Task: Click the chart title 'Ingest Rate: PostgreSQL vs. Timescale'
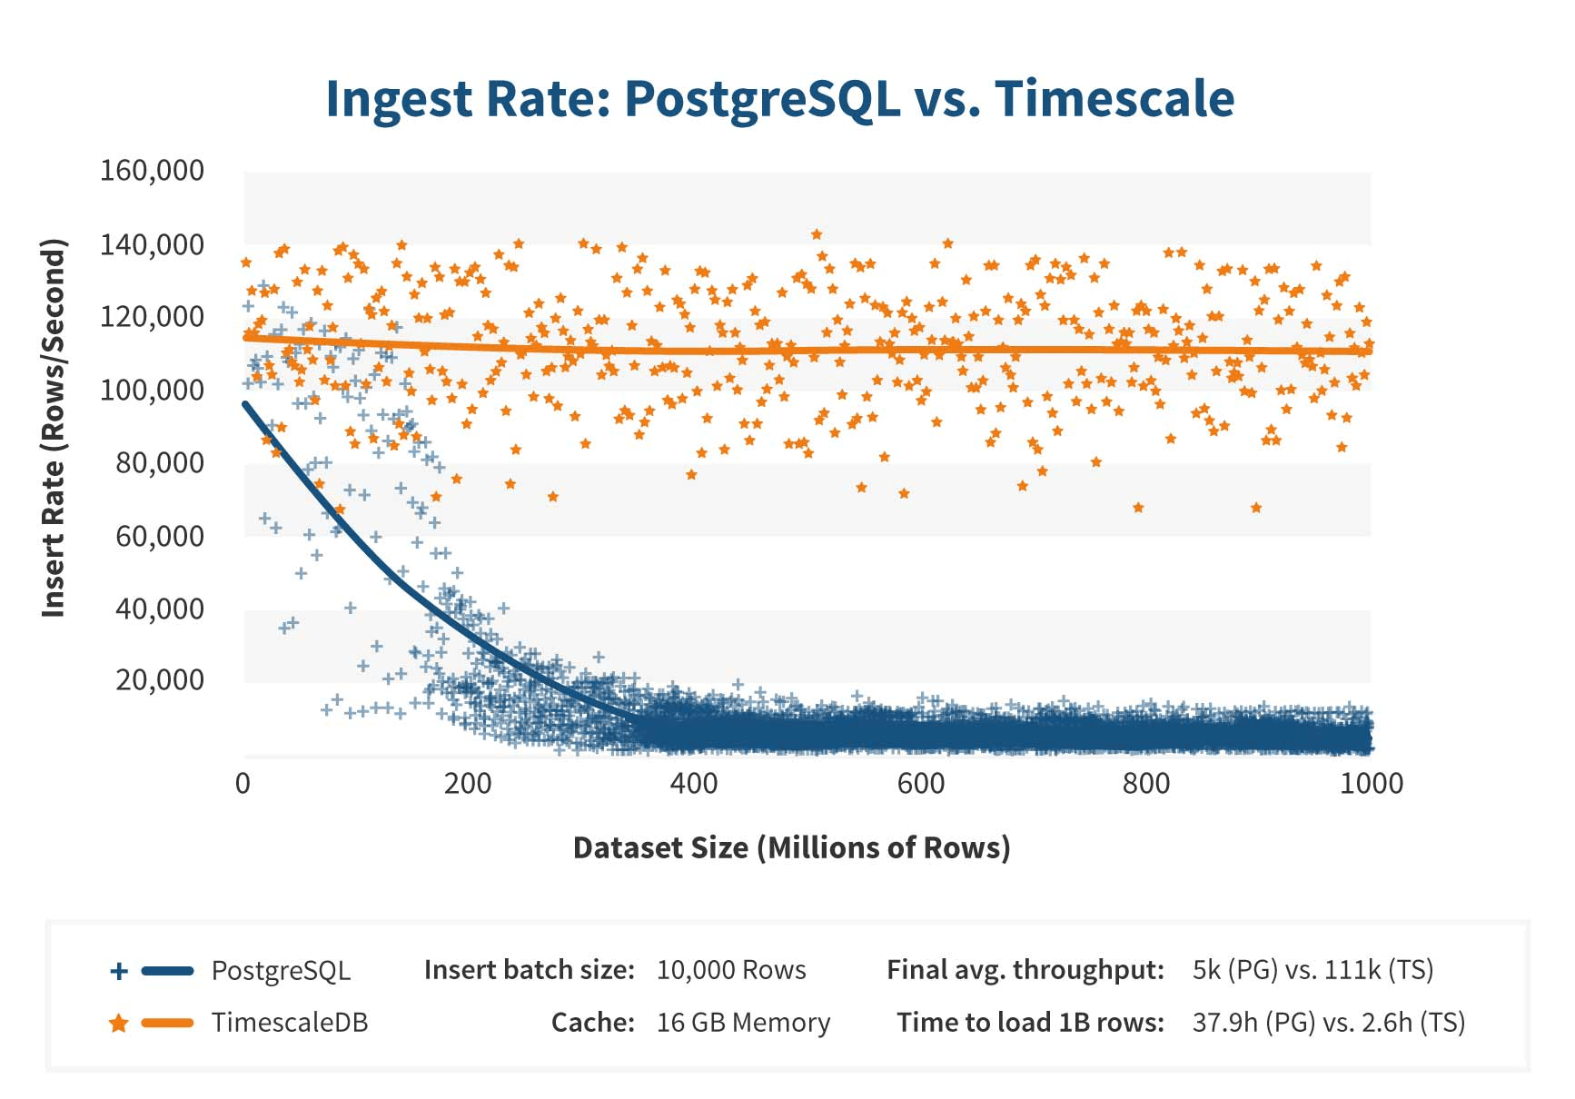click(x=779, y=99)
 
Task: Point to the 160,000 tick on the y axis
click(x=152, y=171)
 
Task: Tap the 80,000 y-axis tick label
click(x=159, y=463)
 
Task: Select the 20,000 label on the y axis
click(x=159, y=679)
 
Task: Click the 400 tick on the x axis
click(x=694, y=783)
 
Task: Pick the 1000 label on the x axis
click(x=1371, y=783)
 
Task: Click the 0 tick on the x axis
click(x=243, y=783)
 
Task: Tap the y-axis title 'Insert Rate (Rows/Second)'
click(x=54, y=428)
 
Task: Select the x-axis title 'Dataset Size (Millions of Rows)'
click(x=791, y=847)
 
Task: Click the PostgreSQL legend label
click(x=281, y=970)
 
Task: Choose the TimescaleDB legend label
click(x=290, y=1023)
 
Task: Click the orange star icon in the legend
click(x=118, y=1024)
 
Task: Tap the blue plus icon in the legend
click(x=118, y=971)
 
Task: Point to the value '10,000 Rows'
click(x=731, y=970)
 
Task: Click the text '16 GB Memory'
click(x=743, y=1023)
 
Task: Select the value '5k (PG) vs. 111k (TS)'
click(x=1312, y=970)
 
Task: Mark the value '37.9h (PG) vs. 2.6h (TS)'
click(x=1328, y=1023)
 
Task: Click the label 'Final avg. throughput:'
click(x=1025, y=970)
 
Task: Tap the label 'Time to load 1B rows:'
click(x=1030, y=1023)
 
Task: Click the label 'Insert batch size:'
click(x=529, y=970)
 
